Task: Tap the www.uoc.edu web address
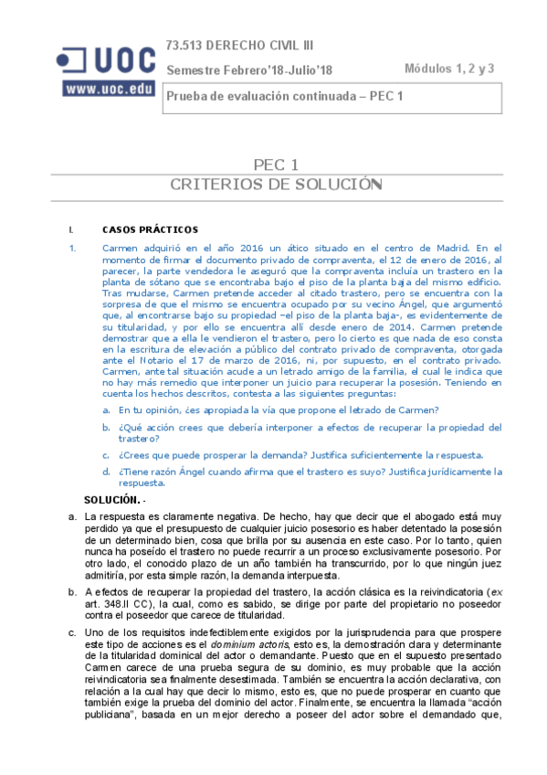[x=108, y=89]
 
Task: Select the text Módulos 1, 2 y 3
[x=449, y=69]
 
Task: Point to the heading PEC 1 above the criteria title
[x=276, y=165]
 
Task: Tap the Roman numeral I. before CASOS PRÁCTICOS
[x=70, y=229]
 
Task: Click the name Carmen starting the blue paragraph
[x=120, y=248]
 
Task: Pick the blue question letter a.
[x=107, y=410]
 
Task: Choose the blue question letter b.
[x=107, y=427]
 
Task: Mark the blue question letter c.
[x=107, y=455]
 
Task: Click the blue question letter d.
[x=107, y=472]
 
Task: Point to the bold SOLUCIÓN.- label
[x=114, y=500]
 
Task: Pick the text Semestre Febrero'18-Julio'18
[x=249, y=69]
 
